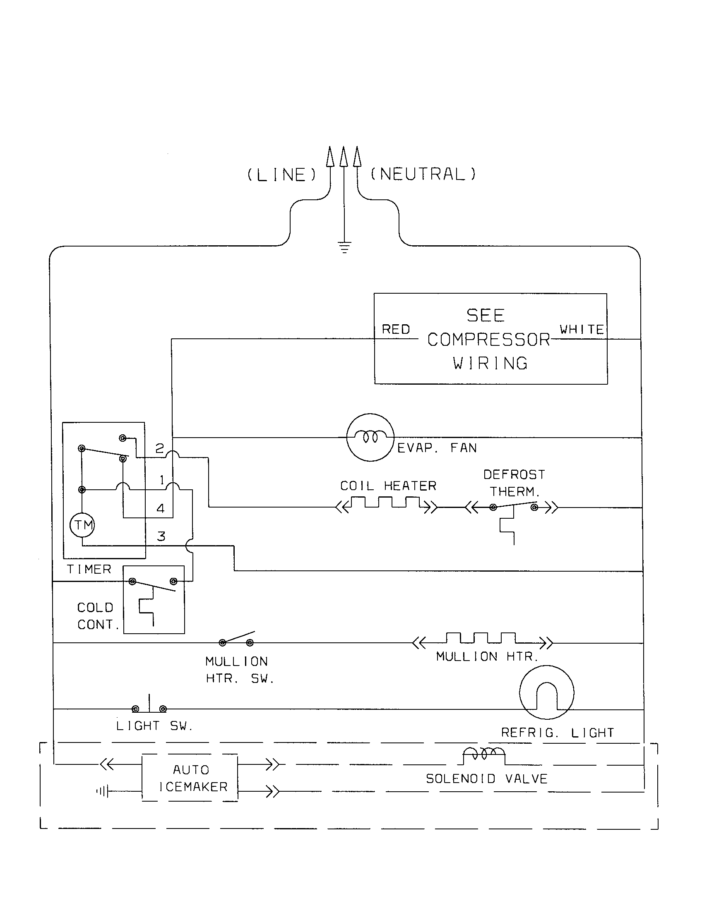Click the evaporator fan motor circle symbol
(x=370, y=437)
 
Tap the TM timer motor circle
(x=82, y=525)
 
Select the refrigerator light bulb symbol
(x=546, y=692)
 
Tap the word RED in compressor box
(x=396, y=330)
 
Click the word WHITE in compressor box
(x=582, y=330)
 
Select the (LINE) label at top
(x=282, y=175)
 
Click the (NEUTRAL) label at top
(x=423, y=174)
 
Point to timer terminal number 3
(x=161, y=536)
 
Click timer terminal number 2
(x=160, y=448)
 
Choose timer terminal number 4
(x=161, y=508)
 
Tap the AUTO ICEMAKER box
(x=190, y=778)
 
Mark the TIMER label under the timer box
(x=89, y=569)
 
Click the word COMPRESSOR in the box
(x=488, y=340)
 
